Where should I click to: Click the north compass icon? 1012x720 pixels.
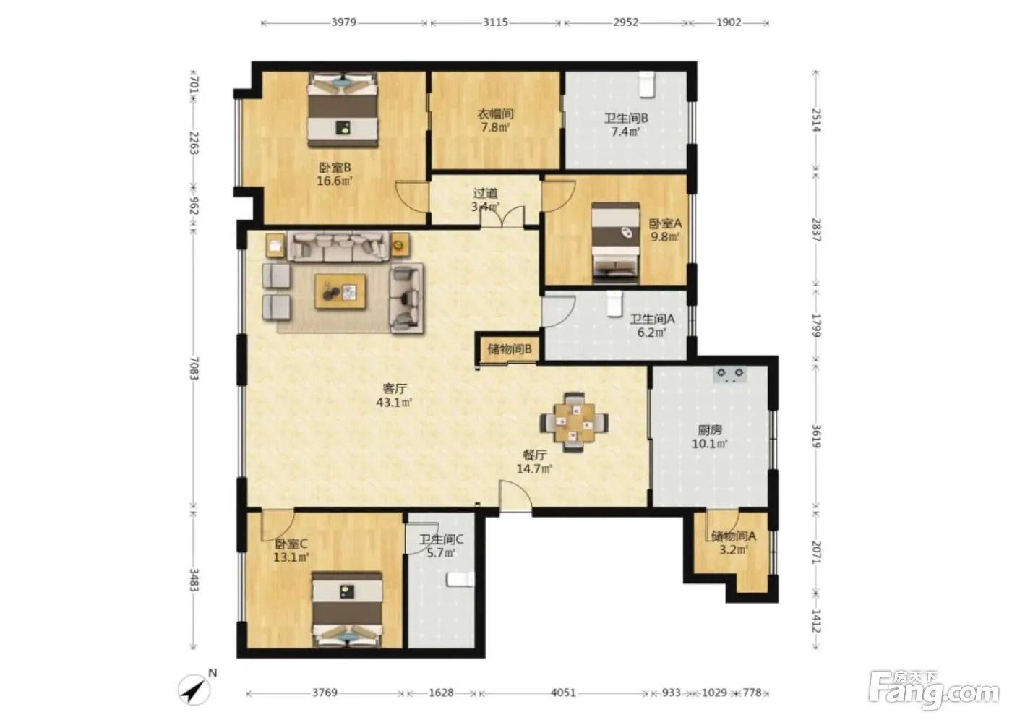(x=194, y=690)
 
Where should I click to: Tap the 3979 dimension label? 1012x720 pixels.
(x=344, y=22)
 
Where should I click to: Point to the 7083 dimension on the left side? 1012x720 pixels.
(x=194, y=368)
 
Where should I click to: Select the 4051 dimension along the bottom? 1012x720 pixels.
(x=563, y=693)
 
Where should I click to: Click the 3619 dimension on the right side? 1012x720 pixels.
(x=816, y=437)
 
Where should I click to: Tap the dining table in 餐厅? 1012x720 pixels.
(x=574, y=422)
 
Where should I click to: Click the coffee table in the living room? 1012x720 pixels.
(x=340, y=292)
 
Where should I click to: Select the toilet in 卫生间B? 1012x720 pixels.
(x=647, y=84)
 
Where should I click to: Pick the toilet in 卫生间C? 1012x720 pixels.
(x=460, y=580)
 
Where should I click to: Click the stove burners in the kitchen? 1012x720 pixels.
(x=730, y=374)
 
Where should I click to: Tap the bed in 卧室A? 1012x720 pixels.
(x=615, y=243)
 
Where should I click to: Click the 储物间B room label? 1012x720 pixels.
(x=509, y=348)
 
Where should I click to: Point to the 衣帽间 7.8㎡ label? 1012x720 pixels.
(x=495, y=121)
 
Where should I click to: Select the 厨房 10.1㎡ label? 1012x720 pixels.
(x=710, y=437)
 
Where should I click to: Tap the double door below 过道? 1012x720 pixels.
(x=502, y=218)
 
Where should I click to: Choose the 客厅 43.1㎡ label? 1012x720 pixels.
(x=395, y=395)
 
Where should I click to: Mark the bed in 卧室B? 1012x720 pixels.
(x=343, y=110)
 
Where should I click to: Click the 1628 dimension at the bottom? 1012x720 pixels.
(x=441, y=693)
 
